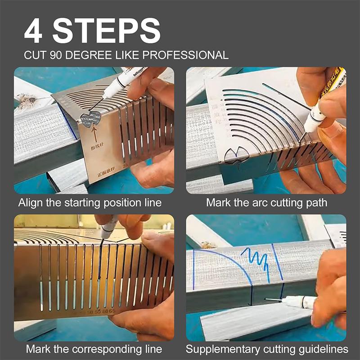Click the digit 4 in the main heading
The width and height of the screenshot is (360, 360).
36,31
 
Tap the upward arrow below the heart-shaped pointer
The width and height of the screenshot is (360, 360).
94,134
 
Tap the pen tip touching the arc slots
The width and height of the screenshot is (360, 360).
306,131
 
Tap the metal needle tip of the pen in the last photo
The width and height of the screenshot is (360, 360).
269,299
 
